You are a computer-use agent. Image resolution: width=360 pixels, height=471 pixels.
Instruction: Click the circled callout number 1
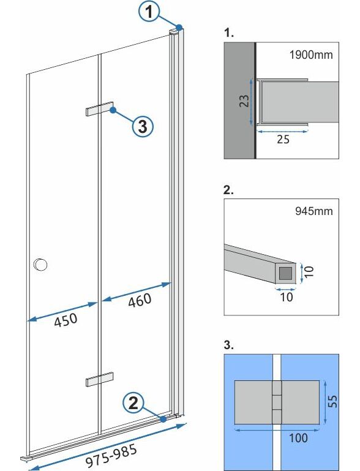pos(149,12)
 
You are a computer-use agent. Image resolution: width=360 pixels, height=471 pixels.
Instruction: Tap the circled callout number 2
pos(133,402)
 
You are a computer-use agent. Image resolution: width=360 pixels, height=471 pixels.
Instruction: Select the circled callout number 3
pos(143,126)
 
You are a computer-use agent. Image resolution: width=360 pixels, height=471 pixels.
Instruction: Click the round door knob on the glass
pos(40,265)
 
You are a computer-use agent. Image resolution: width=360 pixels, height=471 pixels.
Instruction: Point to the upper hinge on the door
pos(99,108)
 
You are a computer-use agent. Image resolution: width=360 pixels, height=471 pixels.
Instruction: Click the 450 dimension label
pos(66,320)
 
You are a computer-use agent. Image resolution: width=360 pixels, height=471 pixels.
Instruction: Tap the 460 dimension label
pos(140,300)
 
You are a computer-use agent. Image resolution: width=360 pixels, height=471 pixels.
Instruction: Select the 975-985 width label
pos(111,456)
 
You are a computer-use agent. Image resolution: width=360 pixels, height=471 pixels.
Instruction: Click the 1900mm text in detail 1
pos(311,55)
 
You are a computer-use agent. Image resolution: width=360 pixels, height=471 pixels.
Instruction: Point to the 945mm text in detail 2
pos(314,211)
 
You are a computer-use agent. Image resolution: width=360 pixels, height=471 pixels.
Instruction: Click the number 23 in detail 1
pos(244,101)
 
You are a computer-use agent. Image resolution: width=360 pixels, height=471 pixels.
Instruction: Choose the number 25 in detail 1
pos(283,140)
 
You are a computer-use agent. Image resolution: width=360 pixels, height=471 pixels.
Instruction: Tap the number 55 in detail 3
pos(332,401)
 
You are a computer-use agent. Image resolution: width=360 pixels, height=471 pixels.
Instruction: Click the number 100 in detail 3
pos(298,438)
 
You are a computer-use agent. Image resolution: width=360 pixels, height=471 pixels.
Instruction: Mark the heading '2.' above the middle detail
pos(228,190)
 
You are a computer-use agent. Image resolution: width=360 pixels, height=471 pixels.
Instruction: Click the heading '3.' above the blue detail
pos(228,345)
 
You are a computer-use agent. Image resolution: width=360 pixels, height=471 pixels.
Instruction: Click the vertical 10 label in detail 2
pos(309,271)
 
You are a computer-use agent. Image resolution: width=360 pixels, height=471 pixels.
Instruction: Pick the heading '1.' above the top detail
pos(229,32)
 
